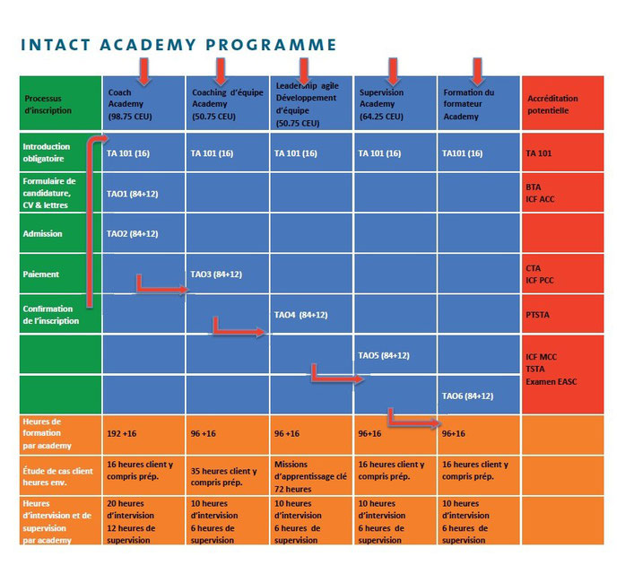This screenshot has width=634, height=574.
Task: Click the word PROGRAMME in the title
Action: coord(271,45)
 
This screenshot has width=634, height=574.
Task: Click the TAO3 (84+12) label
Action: coord(216,274)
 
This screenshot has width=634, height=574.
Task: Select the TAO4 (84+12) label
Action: coord(300,315)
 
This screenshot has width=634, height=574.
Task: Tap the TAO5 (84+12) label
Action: coord(384,355)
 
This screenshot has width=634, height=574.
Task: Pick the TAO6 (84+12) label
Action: coord(467,396)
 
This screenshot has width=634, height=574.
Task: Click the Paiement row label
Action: coord(41,274)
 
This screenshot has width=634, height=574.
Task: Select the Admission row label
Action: coord(42,234)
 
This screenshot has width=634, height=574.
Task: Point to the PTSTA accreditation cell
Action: coord(537,315)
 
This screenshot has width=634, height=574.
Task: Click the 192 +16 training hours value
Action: coord(122,433)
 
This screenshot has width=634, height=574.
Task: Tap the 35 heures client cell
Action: coord(223,476)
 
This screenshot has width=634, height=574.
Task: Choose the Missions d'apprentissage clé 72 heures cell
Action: coord(310,476)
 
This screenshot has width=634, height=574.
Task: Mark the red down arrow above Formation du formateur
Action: coord(477,71)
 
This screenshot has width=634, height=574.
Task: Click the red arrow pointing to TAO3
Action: coord(161,289)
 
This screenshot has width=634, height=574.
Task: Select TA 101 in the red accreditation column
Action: coord(539,153)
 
